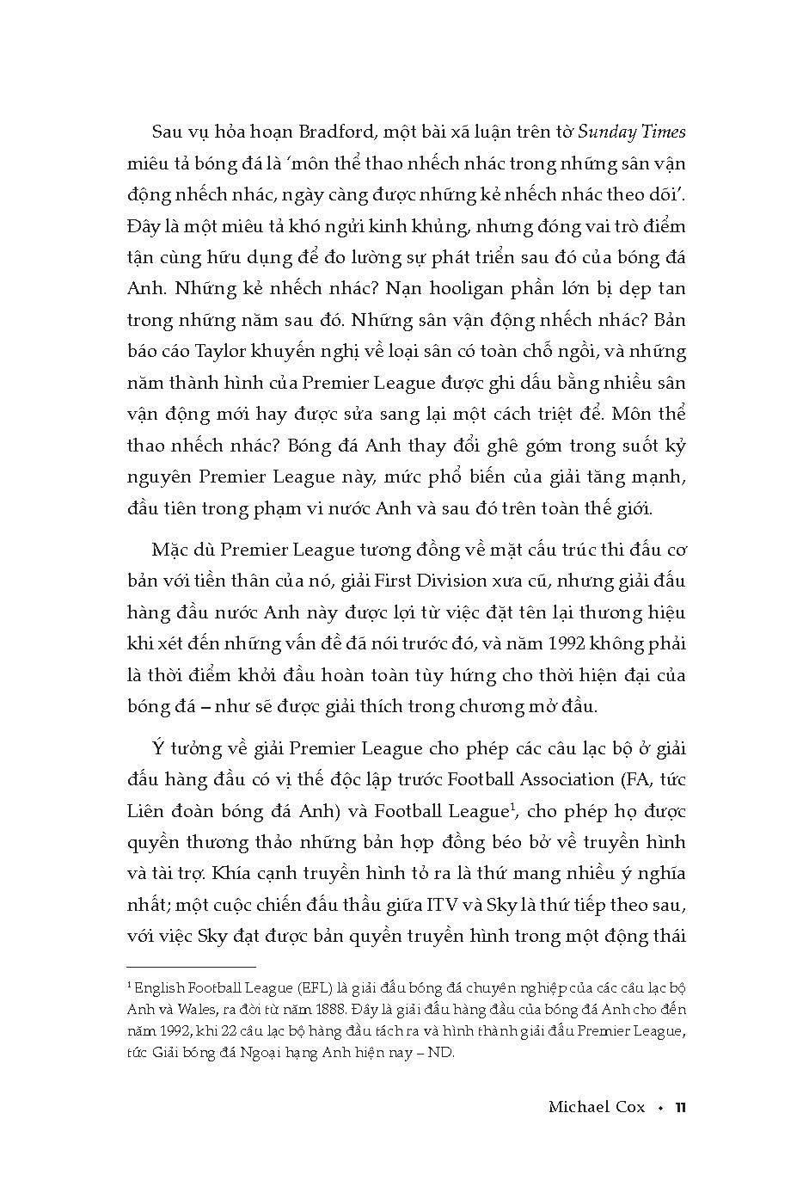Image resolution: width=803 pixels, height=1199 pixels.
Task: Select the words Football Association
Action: (519, 779)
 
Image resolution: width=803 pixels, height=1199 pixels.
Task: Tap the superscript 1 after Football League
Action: (512, 806)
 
